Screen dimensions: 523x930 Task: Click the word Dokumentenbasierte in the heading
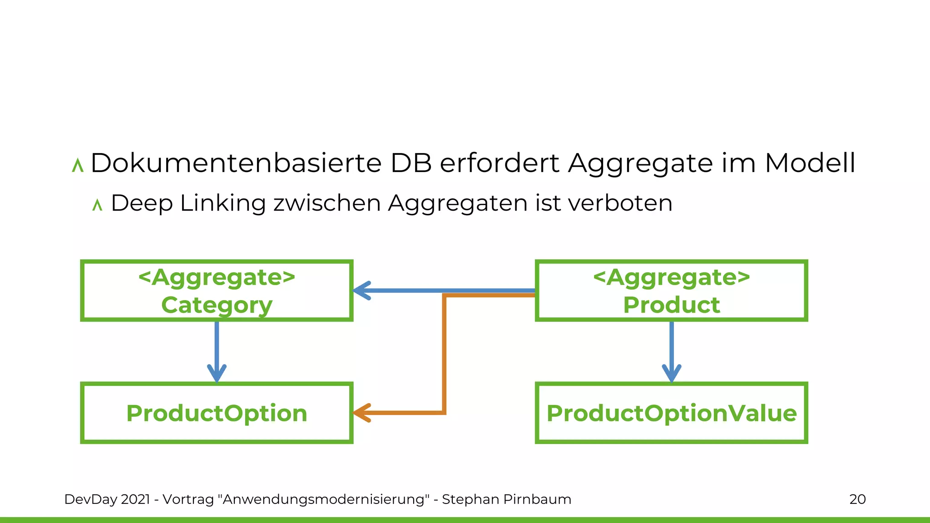pyautogui.click(x=236, y=163)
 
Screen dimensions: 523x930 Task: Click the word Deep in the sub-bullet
pyautogui.click(x=141, y=204)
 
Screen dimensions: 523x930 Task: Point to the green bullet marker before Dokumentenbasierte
pyautogui.click(x=78, y=165)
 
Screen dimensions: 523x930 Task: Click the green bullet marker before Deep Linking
pyautogui.click(x=97, y=205)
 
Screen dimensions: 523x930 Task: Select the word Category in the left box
pyautogui.click(x=217, y=305)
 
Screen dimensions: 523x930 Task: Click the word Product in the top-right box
pyautogui.click(x=671, y=305)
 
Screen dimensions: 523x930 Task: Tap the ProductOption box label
pyautogui.click(x=217, y=413)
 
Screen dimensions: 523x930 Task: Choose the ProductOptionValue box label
pyautogui.click(x=671, y=413)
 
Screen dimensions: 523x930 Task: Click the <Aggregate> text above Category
pyautogui.click(x=217, y=277)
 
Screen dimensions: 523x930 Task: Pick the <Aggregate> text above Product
pyautogui.click(x=671, y=277)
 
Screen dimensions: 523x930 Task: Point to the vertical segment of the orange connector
pyautogui.click(x=444, y=354)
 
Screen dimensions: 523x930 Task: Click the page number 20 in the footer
pyautogui.click(x=857, y=499)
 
